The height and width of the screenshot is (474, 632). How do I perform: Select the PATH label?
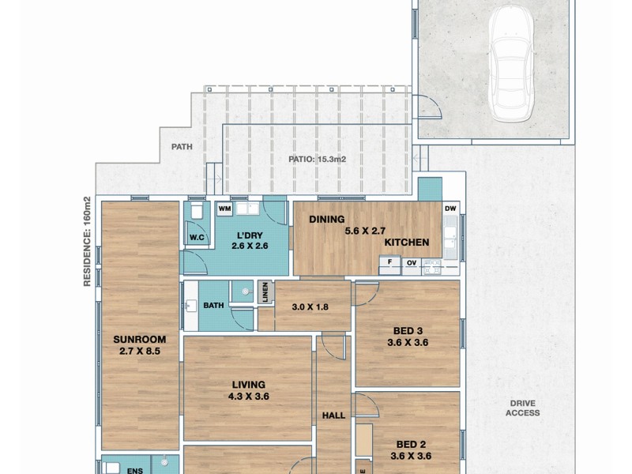click(182, 146)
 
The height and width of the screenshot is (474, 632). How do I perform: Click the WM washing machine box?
click(224, 209)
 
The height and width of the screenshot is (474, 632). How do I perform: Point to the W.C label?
click(197, 236)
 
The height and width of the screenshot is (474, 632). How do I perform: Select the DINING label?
click(324, 220)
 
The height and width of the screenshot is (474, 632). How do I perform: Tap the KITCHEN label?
click(407, 243)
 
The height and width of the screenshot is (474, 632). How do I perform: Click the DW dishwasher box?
click(450, 209)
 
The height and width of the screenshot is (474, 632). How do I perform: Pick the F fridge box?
click(389, 264)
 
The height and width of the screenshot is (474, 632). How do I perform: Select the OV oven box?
click(411, 264)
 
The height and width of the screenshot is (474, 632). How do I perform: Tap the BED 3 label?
click(407, 331)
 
